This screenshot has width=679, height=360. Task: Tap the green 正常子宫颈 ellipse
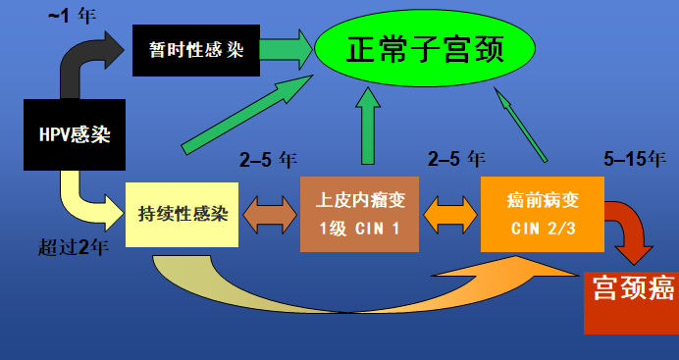click(424, 49)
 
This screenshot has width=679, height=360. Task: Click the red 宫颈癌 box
click(630, 300)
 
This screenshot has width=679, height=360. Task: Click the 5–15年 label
click(636, 158)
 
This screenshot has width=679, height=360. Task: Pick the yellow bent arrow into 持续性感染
click(83, 196)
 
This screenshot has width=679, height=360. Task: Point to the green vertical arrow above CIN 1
click(369, 126)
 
